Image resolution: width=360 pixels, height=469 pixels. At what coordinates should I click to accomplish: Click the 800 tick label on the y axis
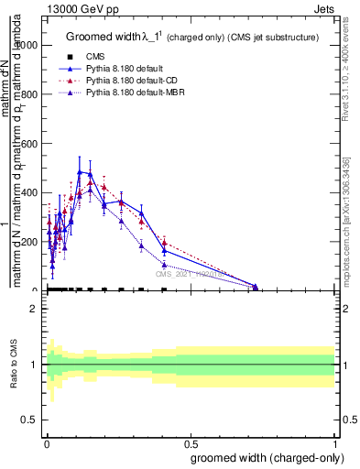[x=32, y=94]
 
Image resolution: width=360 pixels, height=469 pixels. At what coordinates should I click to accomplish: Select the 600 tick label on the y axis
[x=32, y=144]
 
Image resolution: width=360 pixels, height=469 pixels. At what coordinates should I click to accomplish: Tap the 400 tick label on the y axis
[x=32, y=192]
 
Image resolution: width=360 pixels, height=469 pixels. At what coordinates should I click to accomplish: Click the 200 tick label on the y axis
[x=32, y=242]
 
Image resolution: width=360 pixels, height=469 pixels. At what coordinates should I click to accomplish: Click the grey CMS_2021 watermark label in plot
[x=193, y=273]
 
